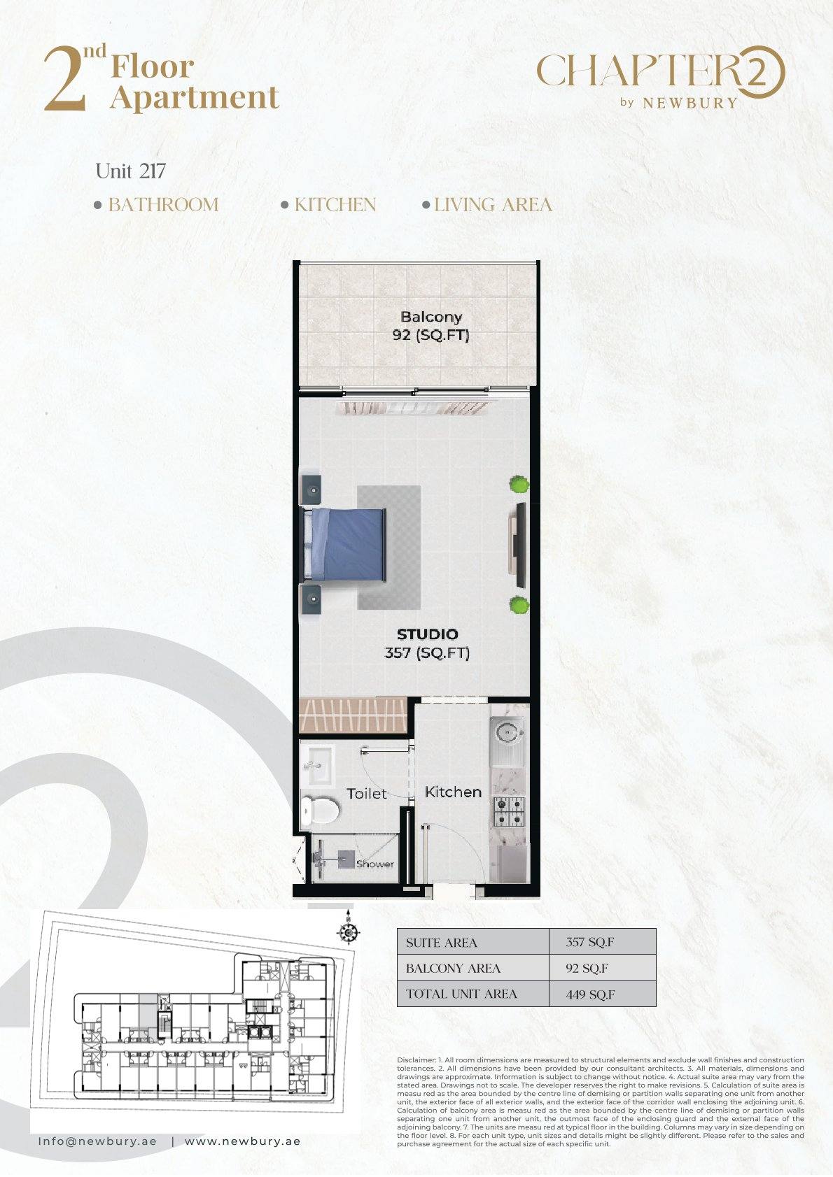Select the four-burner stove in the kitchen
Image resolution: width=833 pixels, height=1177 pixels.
click(x=509, y=812)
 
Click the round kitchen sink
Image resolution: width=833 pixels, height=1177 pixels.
click(x=508, y=732)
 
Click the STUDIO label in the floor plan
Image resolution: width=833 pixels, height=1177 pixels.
click(x=427, y=634)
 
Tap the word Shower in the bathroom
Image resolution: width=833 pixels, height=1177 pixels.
click(x=375, y=864)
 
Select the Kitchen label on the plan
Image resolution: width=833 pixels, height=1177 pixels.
click(x=453, y=792)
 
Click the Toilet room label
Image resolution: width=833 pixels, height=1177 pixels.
click(x=367, y=794)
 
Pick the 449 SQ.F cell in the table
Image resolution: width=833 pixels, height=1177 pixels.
click(x=590, y=994)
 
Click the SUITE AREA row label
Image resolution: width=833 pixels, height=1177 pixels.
click(x=441, y=943)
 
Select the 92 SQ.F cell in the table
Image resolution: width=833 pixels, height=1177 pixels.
click(x=587, y=969)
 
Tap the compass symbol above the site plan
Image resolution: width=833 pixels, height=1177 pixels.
click(x=348, y=933)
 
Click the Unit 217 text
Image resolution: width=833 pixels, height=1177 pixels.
click(x=130, y=171)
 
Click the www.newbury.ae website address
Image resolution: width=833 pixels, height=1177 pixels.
click(x=242, y=1142)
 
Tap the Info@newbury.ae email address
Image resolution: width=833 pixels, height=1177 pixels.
click(x=97, y=1142)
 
